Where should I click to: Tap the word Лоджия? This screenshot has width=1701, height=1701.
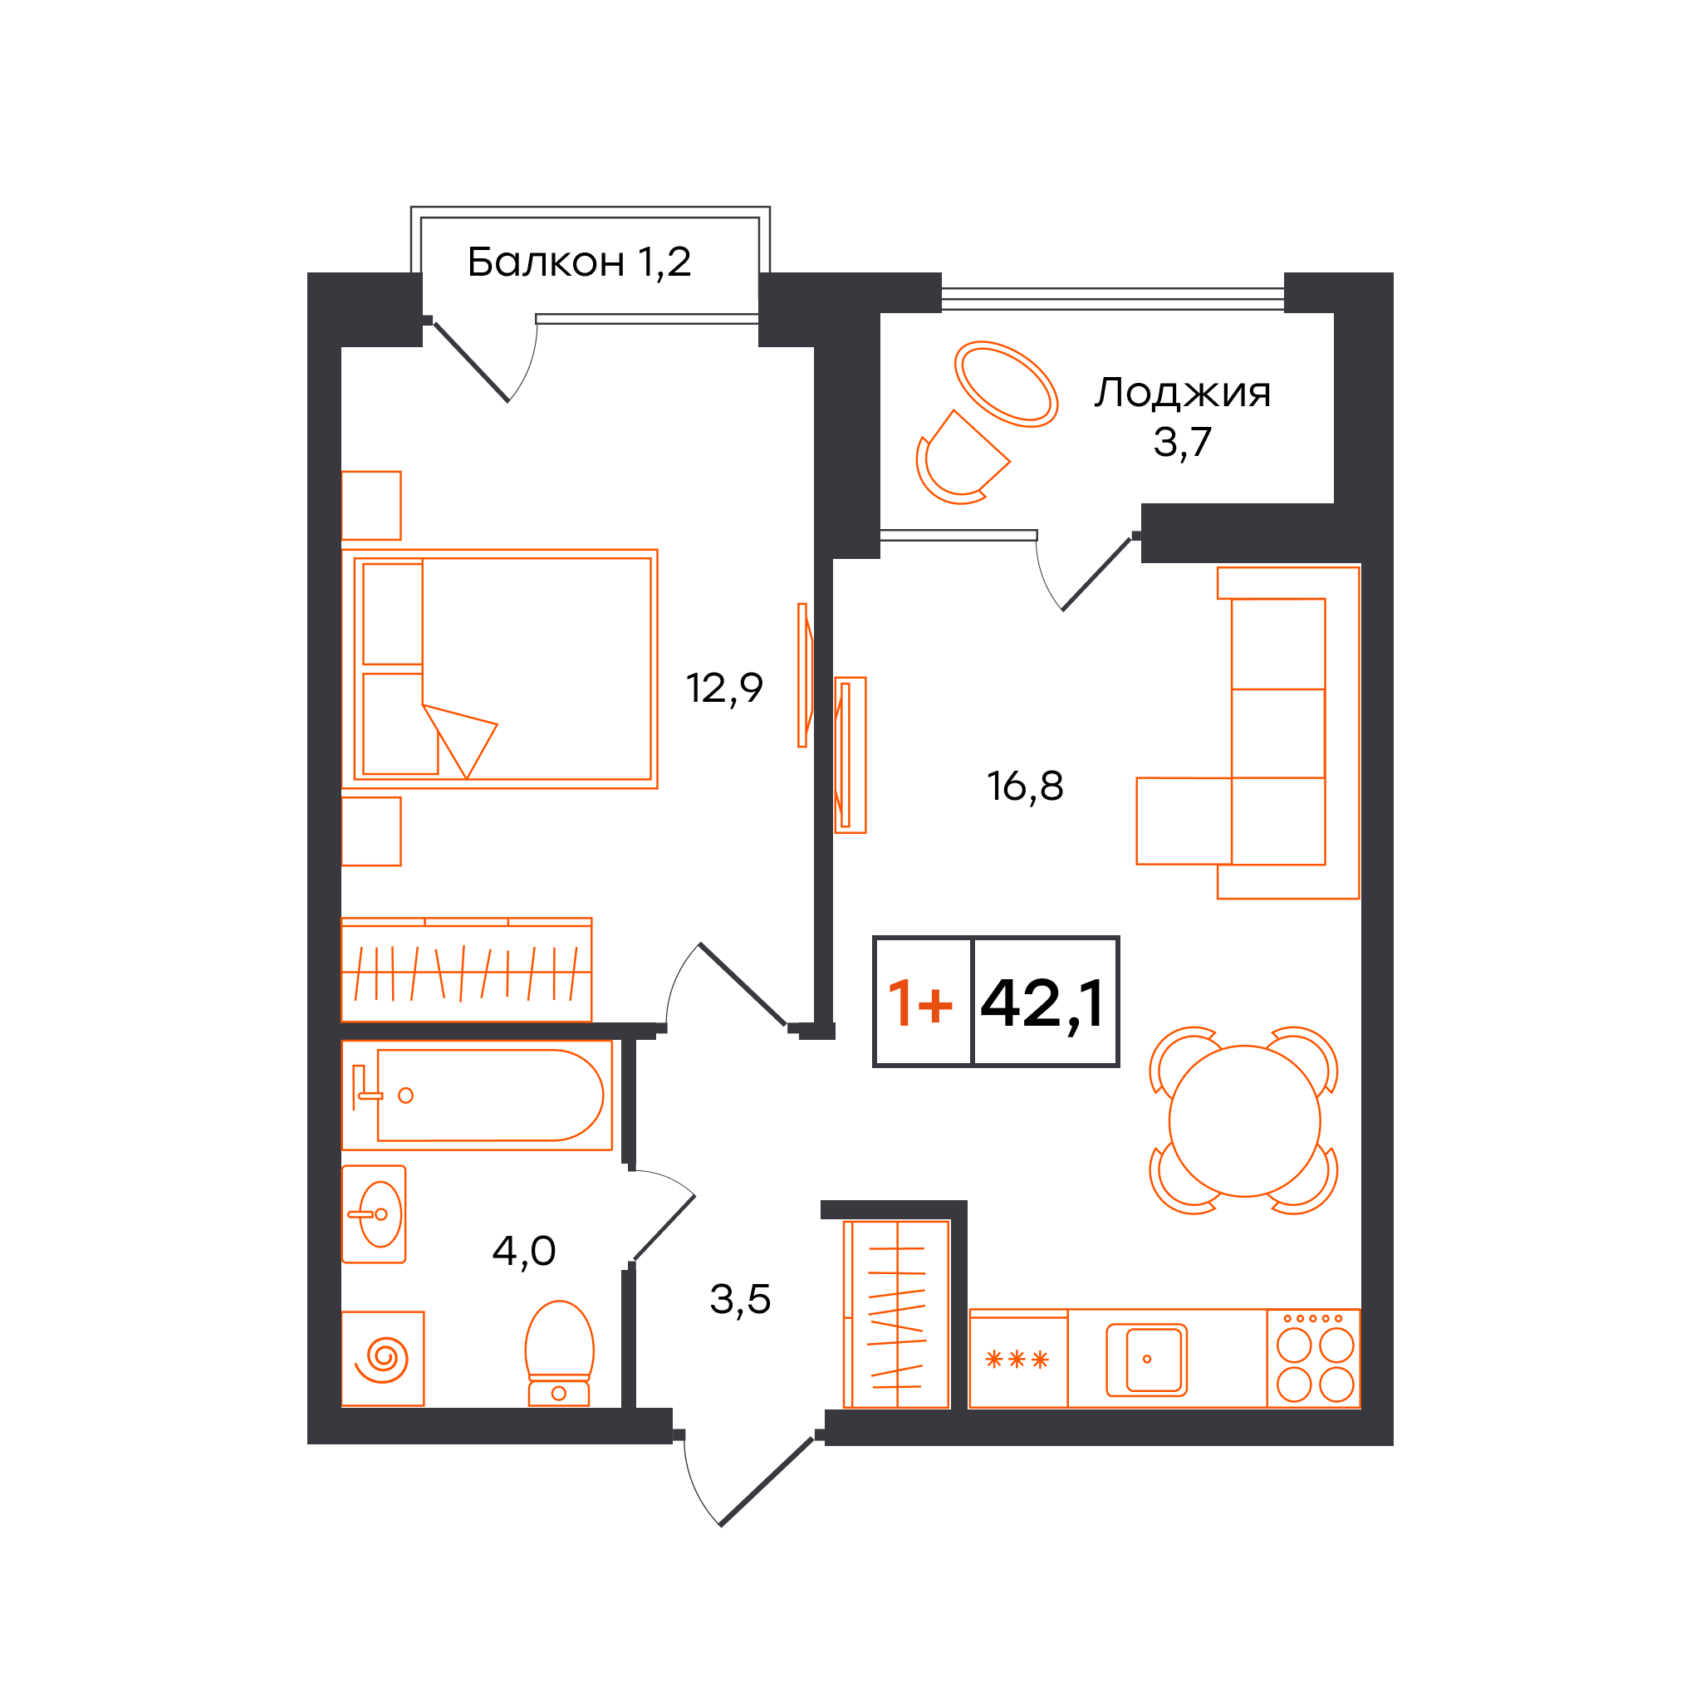click(1183, 393)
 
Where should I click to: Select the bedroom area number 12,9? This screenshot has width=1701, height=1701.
click(723, 688)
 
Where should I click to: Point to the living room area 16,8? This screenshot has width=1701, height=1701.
click(1025, 786)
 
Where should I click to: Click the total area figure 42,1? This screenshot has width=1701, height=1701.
click(1042, 1002)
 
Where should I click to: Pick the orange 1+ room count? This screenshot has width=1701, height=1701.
click(920, 1002)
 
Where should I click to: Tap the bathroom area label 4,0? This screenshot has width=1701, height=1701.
click(523, 1251)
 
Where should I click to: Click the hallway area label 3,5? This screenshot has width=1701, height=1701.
click(739, 1300)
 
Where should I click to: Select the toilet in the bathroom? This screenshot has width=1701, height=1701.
click(559, 1353)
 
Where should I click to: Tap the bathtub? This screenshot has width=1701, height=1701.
click(476, 1096)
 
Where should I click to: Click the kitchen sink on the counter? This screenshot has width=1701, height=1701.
click(1146, 1360)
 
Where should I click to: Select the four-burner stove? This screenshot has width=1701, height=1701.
click(1314, 1359)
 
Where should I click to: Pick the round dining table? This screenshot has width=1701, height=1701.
click(1244, 1120)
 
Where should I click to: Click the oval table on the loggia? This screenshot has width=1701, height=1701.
click(1006, 384)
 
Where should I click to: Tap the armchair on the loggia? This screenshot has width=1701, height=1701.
click(962, 458)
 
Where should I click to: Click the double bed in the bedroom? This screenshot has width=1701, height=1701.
click(499, 669)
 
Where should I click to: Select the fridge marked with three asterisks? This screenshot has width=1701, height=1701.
click(1017, 1359)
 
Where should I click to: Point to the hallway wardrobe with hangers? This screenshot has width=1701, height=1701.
click(896, 1314)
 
